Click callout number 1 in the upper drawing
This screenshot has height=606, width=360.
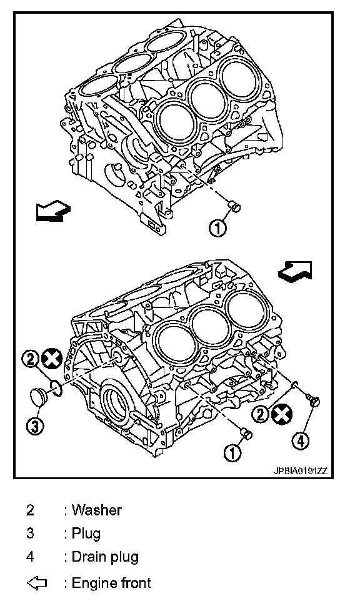point(217,228)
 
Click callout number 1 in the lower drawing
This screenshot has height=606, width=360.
point(232,452)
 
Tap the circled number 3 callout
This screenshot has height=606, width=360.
point(35,426)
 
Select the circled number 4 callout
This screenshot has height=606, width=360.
point(301,441)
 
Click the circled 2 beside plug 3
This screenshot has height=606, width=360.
point(30,360)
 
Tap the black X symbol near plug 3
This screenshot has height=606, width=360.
point(52,359)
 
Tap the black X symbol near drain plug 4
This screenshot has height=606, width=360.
point(282,415)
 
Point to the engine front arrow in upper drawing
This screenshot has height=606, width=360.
point(53,211)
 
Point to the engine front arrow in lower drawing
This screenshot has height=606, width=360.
point(295,271)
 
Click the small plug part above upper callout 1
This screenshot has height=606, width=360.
point(234,206)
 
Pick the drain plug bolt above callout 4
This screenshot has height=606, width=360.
point(313,400)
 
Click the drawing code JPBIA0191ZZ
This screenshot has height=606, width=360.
point(301,471)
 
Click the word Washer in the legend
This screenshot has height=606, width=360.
point(97,510)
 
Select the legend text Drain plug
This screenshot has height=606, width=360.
point(105,557)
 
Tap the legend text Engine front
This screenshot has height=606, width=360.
point(111,583)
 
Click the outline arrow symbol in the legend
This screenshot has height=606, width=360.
point(37,583)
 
